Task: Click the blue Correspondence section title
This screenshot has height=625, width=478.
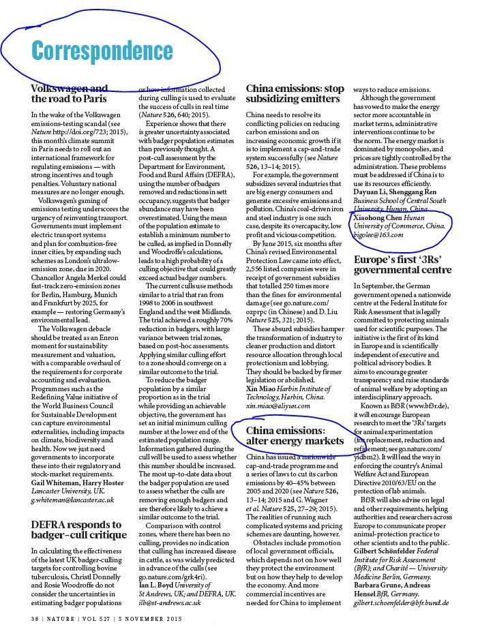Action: pyautogui.click(x=102, y=50)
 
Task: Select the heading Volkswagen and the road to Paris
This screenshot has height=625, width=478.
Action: pyautogui.click(x=69, y=93)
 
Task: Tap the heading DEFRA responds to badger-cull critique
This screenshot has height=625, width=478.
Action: pyautogui.click(x=76, y=530)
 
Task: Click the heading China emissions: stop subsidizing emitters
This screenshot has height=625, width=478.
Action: pyautogui.click(x=295, y=93)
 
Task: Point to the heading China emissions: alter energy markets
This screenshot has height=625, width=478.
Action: pyautogui.click(x=295, y=436)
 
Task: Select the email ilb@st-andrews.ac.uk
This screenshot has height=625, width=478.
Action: pyautogui.click(x=169, y=603)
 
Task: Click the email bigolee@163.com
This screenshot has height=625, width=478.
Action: pyautogui.click(x=378, y=234)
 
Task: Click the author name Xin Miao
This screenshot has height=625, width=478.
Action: pyautogui.click(x=262, y=387)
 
